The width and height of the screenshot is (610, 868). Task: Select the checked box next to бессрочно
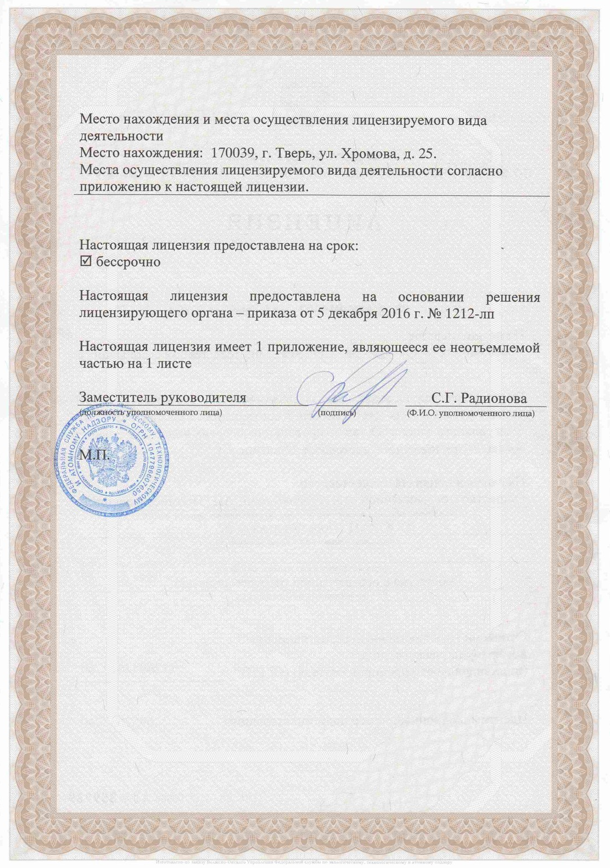point(86,262)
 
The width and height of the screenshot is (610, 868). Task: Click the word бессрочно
point(128,262)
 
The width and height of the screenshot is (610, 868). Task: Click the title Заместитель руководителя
point(163,397)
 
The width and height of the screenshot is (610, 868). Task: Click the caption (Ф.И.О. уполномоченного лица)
point(470,412)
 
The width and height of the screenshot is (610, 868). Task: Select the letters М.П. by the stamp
point(95,455)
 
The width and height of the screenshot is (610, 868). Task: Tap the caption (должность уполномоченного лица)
point(151,412)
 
